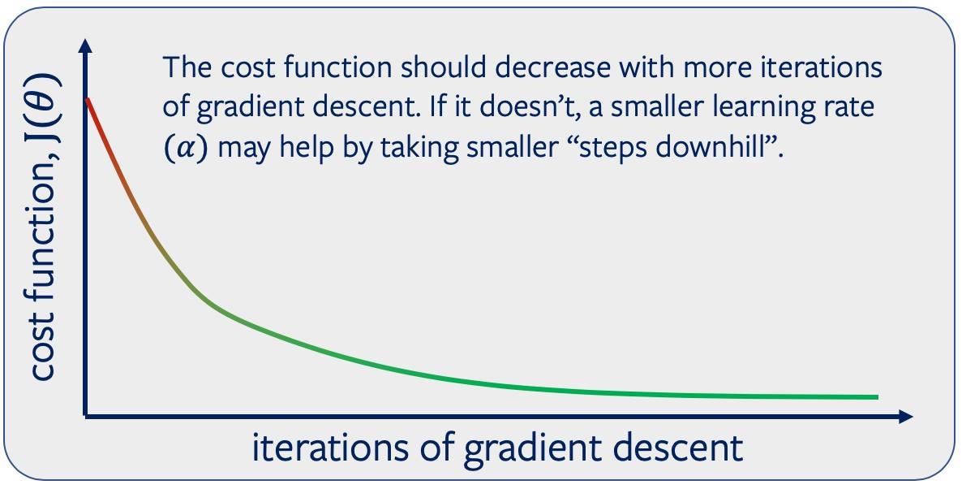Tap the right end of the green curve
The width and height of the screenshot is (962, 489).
tap(876, 397)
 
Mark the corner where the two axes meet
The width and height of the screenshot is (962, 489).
tap(85, 417)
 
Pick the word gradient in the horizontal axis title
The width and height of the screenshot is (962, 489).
tap(524, 448)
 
